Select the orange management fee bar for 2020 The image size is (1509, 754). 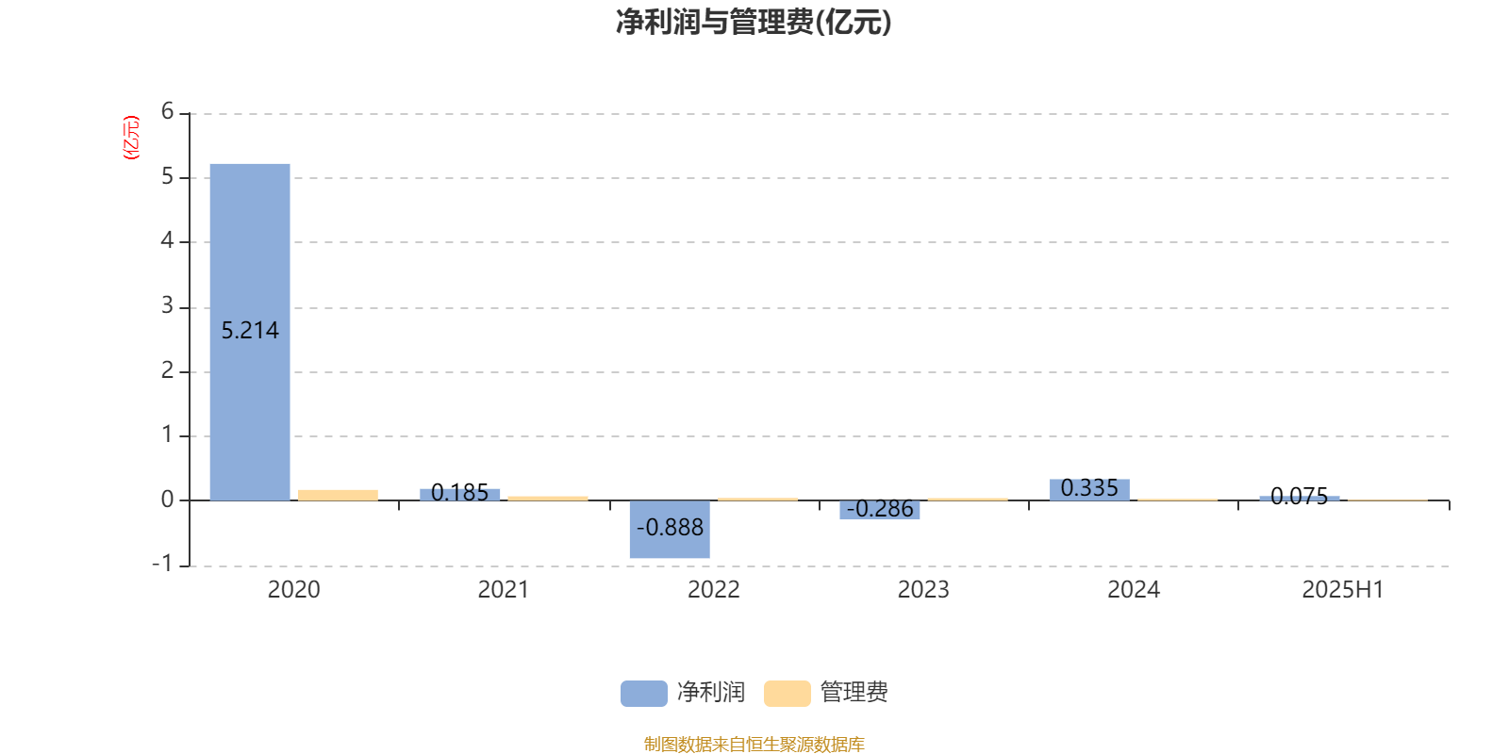pyautogui.click(x=339, y=496)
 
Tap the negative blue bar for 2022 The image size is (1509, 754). pyautogui.click(x=670, y=529)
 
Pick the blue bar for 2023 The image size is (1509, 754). pyautogui.click(x=880, y=510)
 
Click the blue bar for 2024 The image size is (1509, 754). pyautogui.click(x=1089, y=490)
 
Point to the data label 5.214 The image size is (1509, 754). pyautogui.click(x=250, y=331)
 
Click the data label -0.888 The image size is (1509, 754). pyautogui.click(x=670, y=527)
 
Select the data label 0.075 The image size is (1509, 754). pyautogui.click(x=1299, y=496)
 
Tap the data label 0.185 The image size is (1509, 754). pyautogui.click(x=459, y=493)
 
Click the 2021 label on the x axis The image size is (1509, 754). pyautogui.click(x=504, y=590)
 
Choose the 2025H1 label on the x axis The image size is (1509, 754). pyautogui.click(x=1343, y=590)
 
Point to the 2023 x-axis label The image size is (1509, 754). pyautogui.click(x=923, y=590)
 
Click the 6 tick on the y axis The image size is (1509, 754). pyautogui.click(x=167, y=111)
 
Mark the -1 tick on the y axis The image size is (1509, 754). pyautogui.click(x=162, y=564)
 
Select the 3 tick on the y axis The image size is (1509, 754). pyautogui.click(x=167, y=306)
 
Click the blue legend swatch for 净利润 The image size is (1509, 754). pyautogui.click(x=644, y=694)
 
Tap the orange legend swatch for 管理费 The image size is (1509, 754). pyautogui.click(x=787, y=694)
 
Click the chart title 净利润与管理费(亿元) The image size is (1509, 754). pyautogui.click(x=754, y=23)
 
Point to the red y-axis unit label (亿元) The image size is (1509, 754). pyautogui.click(x=131, y=138)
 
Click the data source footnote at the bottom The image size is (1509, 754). pyautogui.click(x=754, y=744)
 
